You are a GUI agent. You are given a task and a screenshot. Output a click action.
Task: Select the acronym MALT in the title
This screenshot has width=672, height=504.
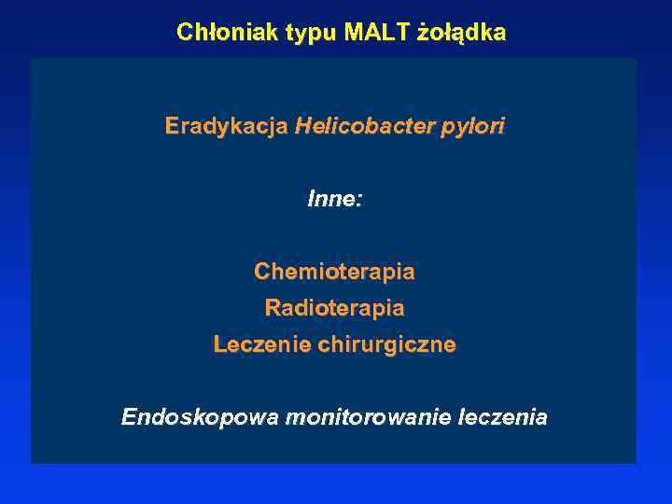(x=376, y=33)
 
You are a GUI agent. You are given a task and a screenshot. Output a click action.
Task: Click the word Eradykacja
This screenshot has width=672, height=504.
(x=226, y=126)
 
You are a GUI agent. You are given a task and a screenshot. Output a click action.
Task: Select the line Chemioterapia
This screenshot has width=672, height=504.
(x=334, y=272)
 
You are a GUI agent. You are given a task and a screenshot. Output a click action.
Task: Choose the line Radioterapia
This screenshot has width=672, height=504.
(x=334, y=307)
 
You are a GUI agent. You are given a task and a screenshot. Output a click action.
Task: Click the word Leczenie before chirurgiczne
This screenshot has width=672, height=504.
(x=262, y=344)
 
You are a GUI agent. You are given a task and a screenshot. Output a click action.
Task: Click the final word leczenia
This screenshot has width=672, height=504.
(x=504, y=417)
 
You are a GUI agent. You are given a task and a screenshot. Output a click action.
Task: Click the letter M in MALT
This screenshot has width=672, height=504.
(x=353, y=33)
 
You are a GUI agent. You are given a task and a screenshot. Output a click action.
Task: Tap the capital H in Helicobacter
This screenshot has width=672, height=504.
(x=302, y=126)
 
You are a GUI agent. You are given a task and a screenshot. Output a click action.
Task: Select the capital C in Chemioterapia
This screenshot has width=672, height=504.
(x=262, y=272)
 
